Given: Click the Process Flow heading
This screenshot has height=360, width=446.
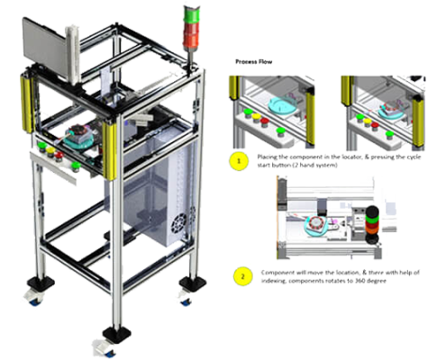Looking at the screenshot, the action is pos(254,62).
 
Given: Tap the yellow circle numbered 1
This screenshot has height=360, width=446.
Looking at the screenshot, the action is pos(239,161).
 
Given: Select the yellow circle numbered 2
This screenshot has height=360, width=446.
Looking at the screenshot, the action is pos(243,276).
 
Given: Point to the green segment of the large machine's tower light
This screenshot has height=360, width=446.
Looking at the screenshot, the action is pos(190,14).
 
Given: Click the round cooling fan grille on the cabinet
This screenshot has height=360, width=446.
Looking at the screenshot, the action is pos(178,224).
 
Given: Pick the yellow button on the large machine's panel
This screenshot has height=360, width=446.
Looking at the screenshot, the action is pos(50,151).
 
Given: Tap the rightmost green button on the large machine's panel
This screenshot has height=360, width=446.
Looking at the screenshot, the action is pos(75,166).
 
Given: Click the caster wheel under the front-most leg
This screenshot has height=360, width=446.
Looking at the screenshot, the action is pos(104,349).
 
